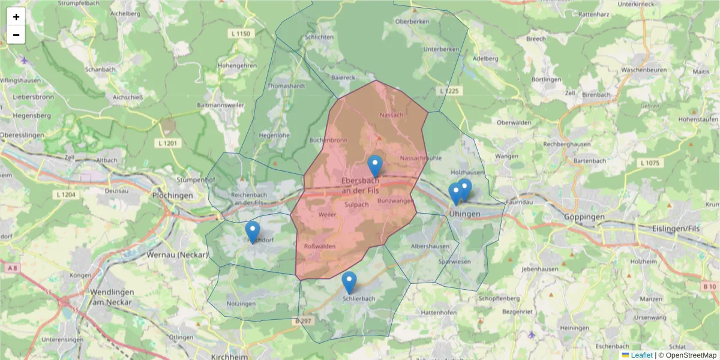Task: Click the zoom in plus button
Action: pos(16,17)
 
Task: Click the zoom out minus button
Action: pos(16,35)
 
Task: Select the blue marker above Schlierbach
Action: pos(349,283)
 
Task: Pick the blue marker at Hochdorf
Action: pos(253,232)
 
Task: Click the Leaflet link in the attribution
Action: pos(641,355)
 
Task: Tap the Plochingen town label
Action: pos(173,196)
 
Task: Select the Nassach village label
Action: pos(392,114)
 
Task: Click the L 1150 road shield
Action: pos(240,34)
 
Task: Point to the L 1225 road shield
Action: pos(449,91)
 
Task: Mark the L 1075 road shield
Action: pos(650,163)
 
